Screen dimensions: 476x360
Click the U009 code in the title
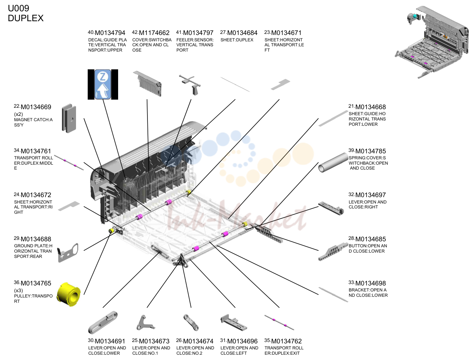coord(18,8)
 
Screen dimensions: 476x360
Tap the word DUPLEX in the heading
coord(25,18)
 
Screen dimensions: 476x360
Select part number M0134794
coord(110,33)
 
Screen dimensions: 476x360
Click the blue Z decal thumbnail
coord(103,84)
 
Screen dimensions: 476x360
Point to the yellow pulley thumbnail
coord(69,294)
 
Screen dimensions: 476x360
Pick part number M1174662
coord(154,33)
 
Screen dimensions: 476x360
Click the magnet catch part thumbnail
coord(69,118)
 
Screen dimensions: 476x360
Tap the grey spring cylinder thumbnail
coord(333,163)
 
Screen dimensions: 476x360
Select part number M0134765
coord(36,283)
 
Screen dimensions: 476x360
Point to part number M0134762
coord(286,341)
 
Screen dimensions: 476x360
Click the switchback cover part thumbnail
coord(147,84)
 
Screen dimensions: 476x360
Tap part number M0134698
coord(370,283)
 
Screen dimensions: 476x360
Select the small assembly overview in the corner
coord(431,42)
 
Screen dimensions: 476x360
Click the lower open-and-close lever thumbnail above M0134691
coord(103,323)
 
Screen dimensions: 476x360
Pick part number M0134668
coord(370,107)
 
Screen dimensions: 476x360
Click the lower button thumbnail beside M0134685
coord(333,251)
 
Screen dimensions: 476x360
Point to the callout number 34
coord(17,151)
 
